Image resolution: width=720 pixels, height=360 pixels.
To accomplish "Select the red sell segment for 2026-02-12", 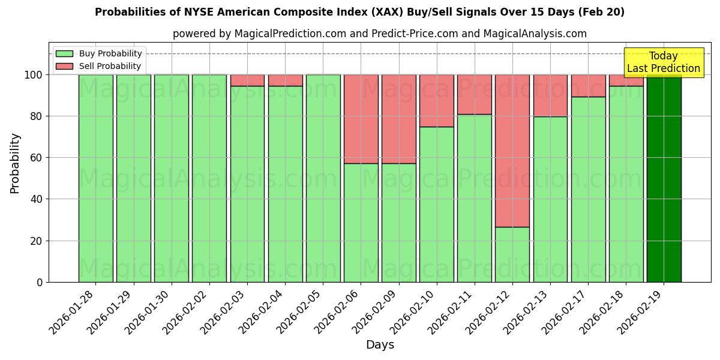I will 512,151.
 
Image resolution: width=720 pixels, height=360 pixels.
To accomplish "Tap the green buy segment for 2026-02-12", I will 512,254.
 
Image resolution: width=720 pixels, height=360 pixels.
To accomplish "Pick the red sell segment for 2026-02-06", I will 361,119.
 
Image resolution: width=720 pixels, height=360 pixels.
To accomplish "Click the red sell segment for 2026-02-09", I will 398,119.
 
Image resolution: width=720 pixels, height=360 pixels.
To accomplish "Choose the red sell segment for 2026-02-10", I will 437,100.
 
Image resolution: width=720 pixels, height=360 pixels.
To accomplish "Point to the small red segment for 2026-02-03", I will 247,80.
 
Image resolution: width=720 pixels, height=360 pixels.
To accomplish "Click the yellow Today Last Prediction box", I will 663,62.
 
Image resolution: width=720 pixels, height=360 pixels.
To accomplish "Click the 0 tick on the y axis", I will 40,283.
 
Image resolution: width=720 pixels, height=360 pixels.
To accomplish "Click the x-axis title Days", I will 380,345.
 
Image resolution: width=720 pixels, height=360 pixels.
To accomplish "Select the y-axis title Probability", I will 15,163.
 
